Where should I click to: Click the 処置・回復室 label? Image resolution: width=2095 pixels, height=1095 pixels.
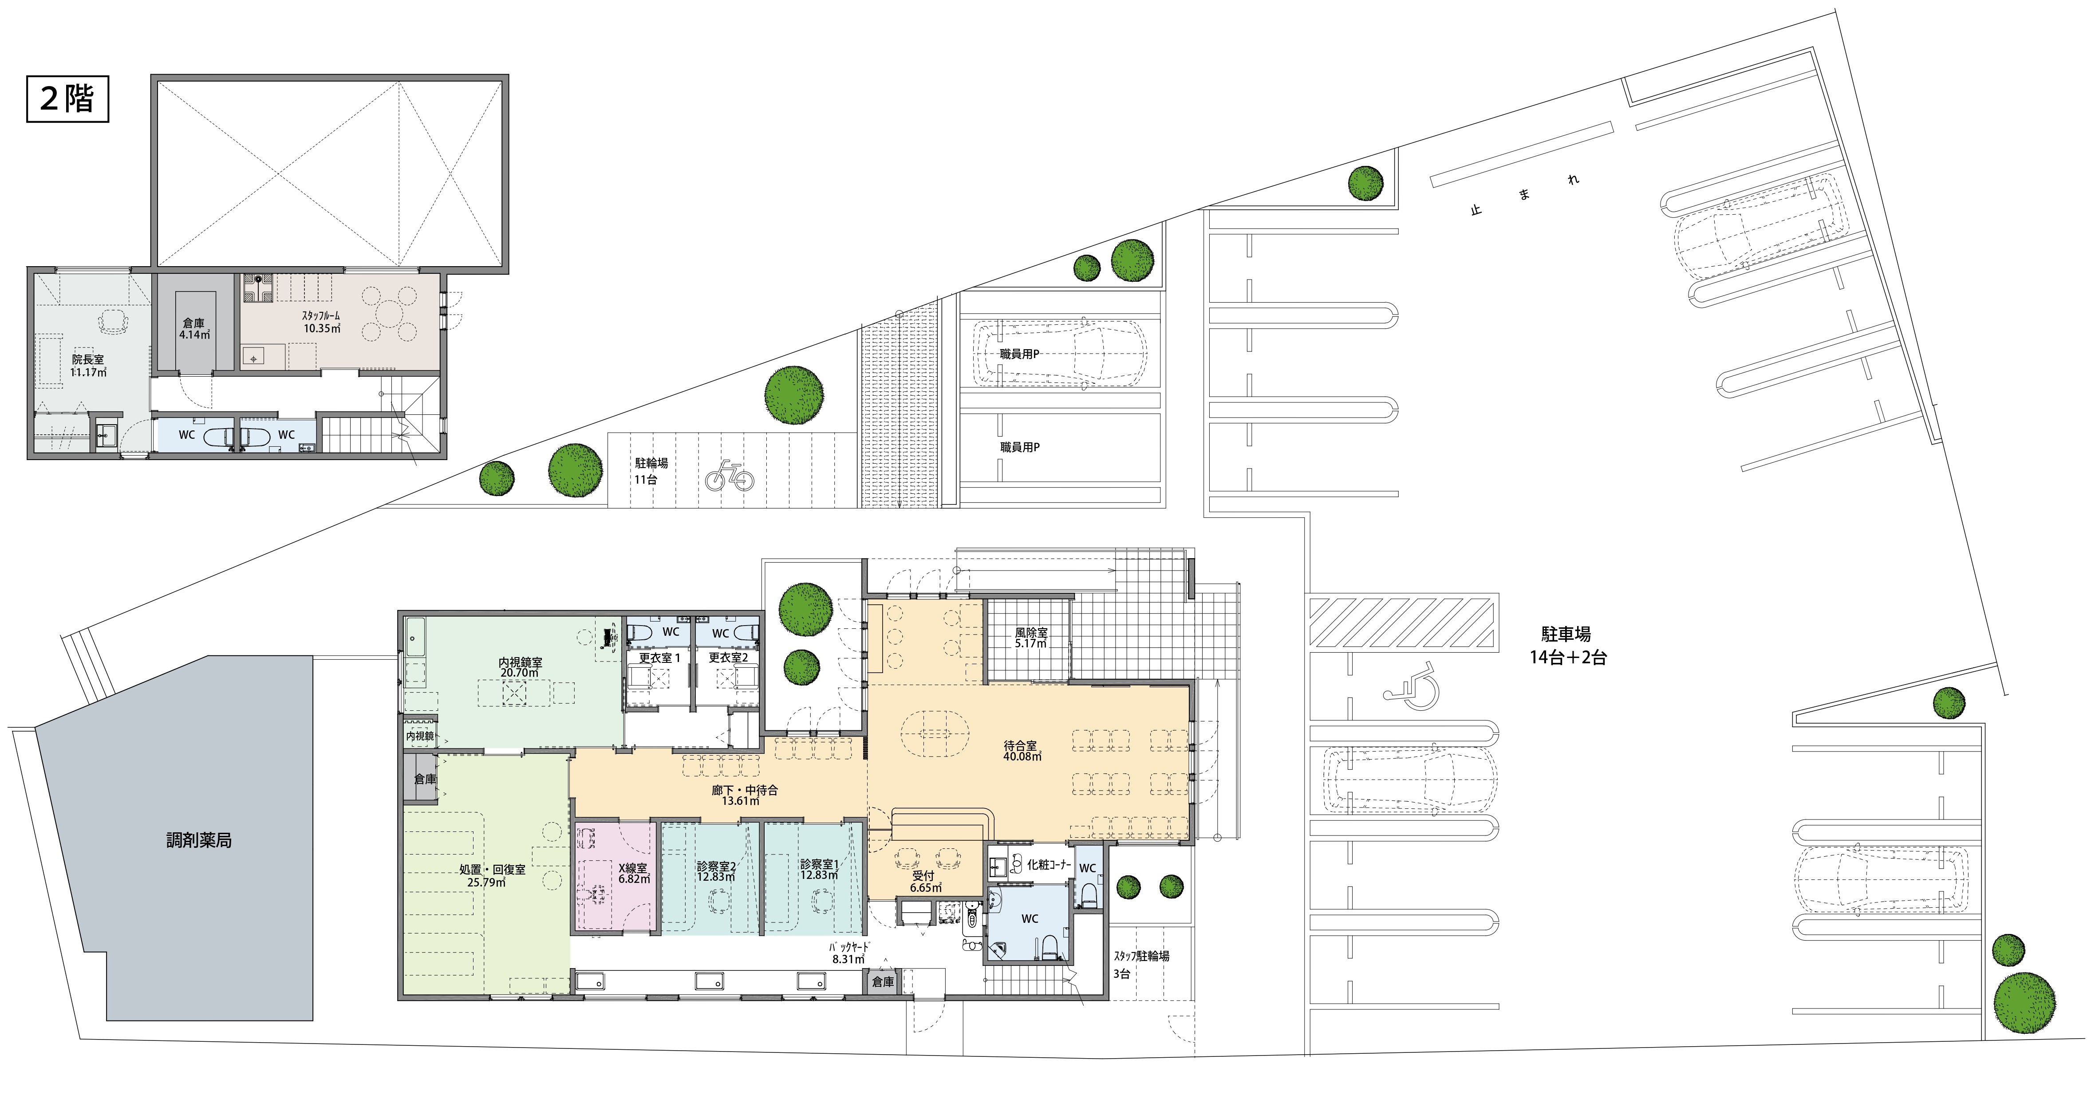492,870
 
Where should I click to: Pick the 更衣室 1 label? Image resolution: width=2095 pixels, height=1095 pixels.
659,657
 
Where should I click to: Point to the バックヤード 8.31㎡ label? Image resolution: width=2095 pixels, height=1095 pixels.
849,953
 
